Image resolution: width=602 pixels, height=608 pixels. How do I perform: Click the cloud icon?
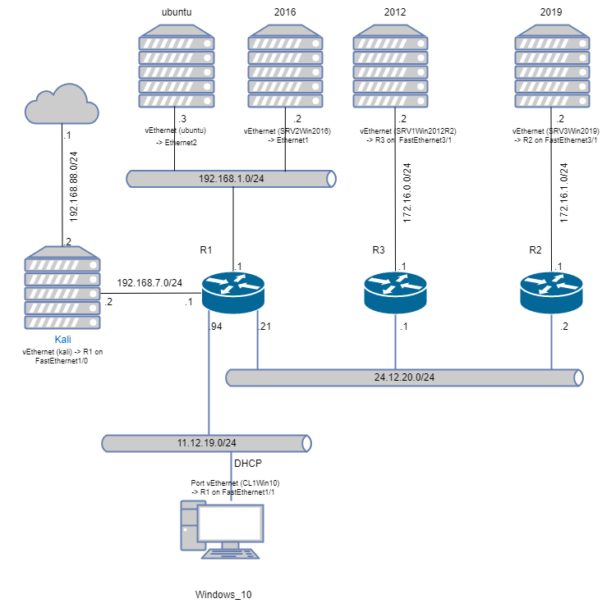[62, 104]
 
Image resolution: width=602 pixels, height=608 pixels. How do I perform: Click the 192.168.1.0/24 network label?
[232, 179]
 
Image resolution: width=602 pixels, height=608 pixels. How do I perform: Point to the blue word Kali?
[62, 339]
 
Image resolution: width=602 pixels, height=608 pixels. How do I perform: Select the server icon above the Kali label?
[62, 288]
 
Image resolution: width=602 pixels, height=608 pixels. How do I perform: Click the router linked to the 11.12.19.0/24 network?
[233, 292]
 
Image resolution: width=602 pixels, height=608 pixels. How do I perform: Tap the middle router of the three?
[395, 292]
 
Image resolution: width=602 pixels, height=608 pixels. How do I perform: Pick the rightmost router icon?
[551, 292]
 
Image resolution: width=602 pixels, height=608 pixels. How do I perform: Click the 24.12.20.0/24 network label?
[404, 377]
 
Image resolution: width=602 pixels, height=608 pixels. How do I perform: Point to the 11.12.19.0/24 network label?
[207, 443]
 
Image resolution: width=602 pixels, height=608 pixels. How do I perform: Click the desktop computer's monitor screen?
[231, 523]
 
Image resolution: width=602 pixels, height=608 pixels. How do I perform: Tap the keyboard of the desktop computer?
[231, 554]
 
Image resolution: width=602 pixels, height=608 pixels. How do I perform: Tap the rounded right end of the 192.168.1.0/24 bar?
[331, 179]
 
